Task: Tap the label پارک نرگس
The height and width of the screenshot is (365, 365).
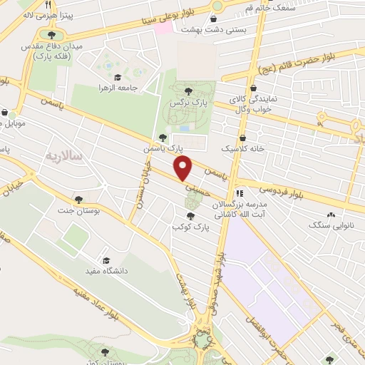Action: (x=183, y=103)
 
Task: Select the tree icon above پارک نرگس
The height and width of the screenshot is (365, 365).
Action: (x=188, y=91)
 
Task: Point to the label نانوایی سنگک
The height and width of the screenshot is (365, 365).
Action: (x=328, y=225)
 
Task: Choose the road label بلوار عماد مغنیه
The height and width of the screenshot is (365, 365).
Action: (x=92, y=298)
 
